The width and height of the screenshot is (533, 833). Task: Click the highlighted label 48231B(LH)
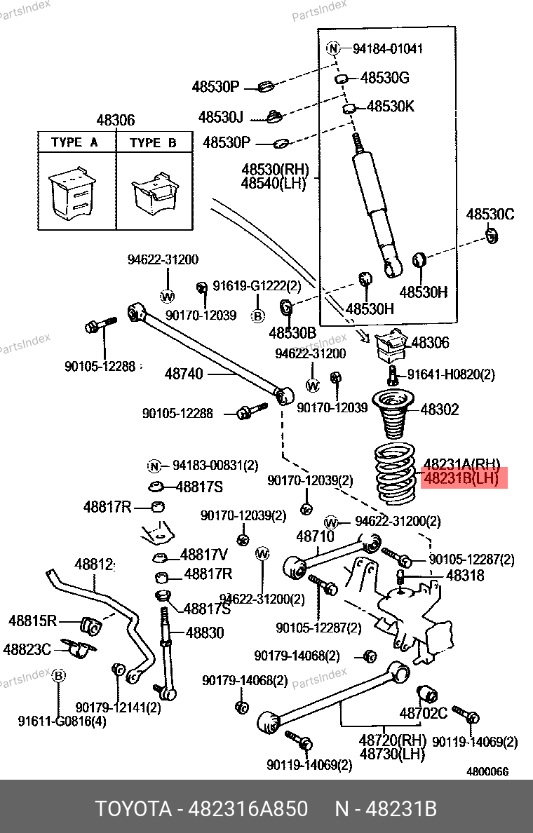pyautogui.click(x=461, y=479)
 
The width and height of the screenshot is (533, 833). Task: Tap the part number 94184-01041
pyautogui.click(x=388, y=49)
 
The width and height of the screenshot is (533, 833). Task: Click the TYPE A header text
pyautogui.click(x=74, y=142)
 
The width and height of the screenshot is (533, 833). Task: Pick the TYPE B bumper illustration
pyautogui.click(x=154, y=194)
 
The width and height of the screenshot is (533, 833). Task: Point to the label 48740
pyautogui.click(x=184, y=374)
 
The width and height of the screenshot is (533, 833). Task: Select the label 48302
pyautogui.click(x=440, y=409)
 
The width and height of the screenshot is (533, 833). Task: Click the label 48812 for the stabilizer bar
pyautogui.click(x=94, y=564)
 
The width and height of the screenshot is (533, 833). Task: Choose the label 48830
pyautogui.click(x=205, y=632)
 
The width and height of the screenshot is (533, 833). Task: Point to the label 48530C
pyautogui.click(x=490, y=214)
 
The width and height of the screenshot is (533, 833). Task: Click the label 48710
pyautogui.click(x=316, y=536)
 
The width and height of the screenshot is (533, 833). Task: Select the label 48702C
pyautogui.click(x=424, y=713)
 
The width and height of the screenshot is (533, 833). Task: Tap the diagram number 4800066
pyautogui.click(x=487, y=771)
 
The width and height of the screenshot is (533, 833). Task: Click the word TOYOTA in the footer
pyautogui.click(x=133, y=809)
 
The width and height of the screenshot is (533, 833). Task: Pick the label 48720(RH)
pyautogui.click(x=393, y=740)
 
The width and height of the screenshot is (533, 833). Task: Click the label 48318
pyautogui.click(x=465, y=576)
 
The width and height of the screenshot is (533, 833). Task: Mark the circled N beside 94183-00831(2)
pyautogui.click(x=154, y=466)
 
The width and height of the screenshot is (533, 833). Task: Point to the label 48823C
pyautogui.click(x=27, y=649)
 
